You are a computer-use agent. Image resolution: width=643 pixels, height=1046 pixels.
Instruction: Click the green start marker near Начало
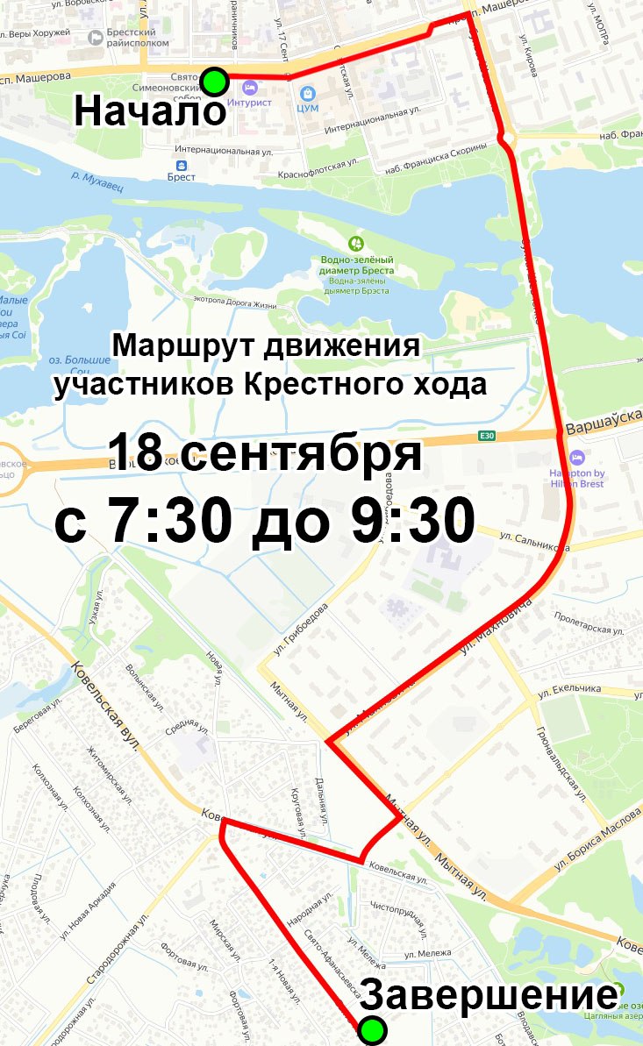[214, 82]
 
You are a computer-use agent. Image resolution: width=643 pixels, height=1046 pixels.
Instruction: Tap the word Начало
[149, 111]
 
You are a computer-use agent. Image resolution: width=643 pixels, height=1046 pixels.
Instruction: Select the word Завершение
[488, 996]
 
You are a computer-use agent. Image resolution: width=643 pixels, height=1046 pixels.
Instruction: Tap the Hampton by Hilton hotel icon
[576, 458]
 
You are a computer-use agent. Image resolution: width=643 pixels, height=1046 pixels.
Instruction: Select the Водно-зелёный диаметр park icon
[355, 243]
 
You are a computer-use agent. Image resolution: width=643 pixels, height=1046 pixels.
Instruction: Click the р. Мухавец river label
[96, 177]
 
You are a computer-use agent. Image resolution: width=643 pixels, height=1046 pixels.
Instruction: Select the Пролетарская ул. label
[589, 624]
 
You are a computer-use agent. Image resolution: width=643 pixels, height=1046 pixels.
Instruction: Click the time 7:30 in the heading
[167, 523]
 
